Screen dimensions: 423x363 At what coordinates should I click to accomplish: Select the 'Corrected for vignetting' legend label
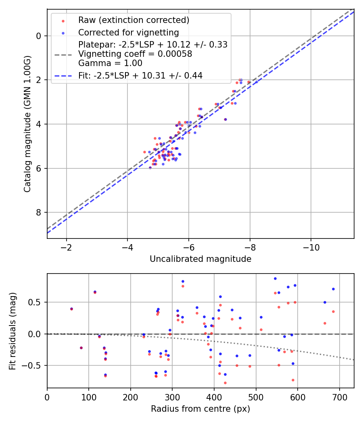click(x=128, y=32)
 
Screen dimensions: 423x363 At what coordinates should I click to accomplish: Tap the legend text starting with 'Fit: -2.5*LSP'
click(x=140, y=75)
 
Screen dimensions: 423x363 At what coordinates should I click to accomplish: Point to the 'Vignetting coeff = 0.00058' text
click(x=135, y=54)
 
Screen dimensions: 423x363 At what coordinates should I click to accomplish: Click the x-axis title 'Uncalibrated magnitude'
click(x=200, y=259)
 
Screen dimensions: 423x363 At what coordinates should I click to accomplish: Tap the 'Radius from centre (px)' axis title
click(x=200, y=409)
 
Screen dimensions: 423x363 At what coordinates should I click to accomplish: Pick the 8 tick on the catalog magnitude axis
click(x=39, y=212)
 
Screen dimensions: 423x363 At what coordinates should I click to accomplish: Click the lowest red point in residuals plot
click(x=225, y=383)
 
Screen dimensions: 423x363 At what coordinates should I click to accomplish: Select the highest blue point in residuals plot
click(x=275, y=278)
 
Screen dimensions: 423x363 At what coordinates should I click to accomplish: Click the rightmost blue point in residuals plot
click(x=333, y=289)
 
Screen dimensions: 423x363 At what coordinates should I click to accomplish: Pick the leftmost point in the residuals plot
click(x=71, y=309)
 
